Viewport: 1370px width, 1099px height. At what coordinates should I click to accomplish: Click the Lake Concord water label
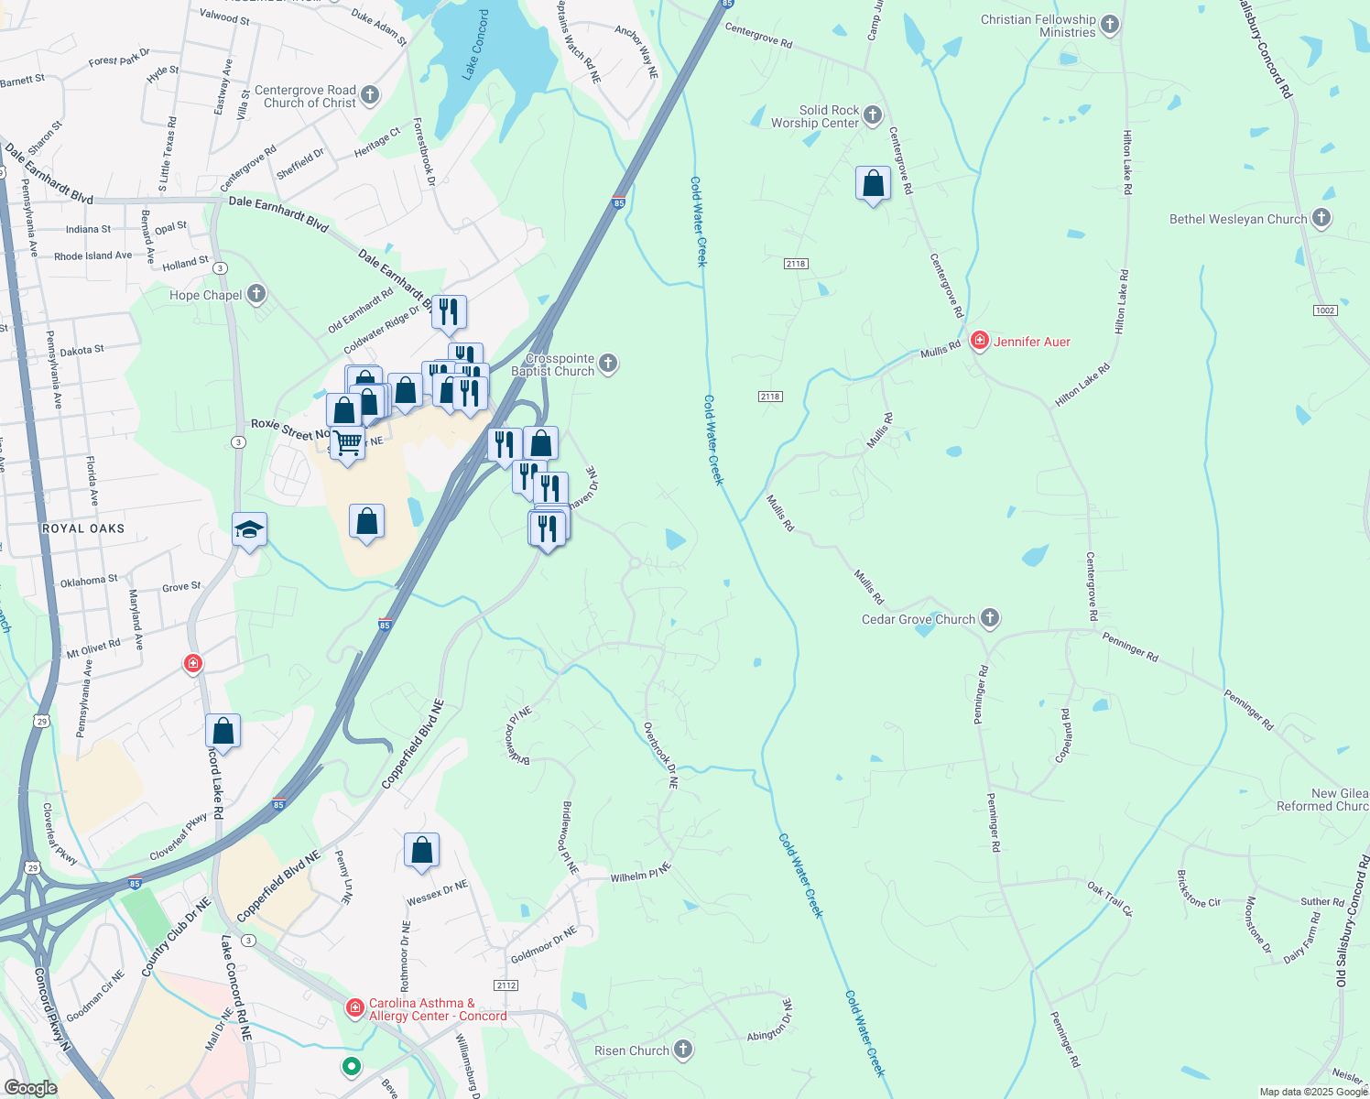coord(477,44)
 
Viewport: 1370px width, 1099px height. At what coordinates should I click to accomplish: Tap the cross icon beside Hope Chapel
coord(256,294)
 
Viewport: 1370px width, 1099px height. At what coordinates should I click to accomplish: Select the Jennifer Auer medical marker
coord(980,341)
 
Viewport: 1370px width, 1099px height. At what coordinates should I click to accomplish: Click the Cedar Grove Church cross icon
coord(990,618)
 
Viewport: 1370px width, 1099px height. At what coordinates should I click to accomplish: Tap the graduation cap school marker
coord(249,529)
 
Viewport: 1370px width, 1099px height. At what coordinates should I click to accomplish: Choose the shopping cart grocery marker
coord(348,444)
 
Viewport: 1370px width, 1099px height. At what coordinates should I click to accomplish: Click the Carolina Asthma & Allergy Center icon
coord(355,1008)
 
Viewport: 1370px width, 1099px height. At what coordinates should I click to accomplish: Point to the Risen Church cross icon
coord(683,1050)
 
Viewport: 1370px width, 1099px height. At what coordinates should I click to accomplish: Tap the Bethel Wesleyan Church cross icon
coord(1321,218)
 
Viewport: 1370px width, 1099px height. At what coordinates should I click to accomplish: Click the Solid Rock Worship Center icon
coord(873,115)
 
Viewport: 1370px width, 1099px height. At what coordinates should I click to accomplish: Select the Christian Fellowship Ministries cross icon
coord(1110,25)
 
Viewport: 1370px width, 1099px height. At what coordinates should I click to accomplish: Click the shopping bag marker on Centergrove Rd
coord(874,183)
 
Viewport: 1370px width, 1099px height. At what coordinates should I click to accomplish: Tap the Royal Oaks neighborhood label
coord(83,528)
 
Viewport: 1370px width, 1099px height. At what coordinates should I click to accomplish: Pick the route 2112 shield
coord(506,985)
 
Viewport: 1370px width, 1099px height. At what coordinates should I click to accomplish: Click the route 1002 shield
coord(1325,310)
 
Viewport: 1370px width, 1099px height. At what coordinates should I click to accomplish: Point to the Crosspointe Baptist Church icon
coord(608,365)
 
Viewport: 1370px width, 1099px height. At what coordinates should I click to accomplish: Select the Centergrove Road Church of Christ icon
coord(370,94)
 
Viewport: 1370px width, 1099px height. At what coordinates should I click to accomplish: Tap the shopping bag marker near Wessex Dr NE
coord(421,850)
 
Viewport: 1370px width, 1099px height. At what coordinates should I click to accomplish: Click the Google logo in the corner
coord(30,1087)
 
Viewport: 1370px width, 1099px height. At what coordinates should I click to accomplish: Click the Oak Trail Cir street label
coord(1110,899)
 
